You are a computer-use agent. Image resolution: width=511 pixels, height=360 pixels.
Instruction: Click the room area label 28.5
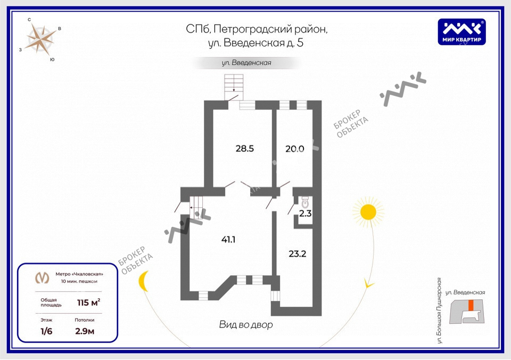coord(245,149)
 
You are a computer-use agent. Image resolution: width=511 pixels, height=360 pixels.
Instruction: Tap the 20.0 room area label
coord(294,149)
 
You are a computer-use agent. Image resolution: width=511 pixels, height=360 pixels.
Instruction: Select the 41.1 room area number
coord(228,240)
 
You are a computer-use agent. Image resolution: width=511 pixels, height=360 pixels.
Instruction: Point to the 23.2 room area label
coord(297,253)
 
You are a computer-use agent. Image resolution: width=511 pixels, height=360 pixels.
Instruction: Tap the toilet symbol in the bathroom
coord(305,202)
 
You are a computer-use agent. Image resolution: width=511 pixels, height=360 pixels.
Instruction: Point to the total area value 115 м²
coord(89,302)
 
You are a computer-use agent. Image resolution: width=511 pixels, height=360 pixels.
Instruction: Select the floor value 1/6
coord(47,330)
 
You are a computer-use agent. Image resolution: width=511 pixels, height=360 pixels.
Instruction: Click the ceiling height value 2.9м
coord(85,330)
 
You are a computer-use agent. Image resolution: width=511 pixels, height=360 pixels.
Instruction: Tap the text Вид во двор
coord(246,324)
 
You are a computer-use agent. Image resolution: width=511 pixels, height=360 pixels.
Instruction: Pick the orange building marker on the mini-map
coord(471,305)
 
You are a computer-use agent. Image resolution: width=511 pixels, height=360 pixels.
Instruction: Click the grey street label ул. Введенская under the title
coord(246,63)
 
